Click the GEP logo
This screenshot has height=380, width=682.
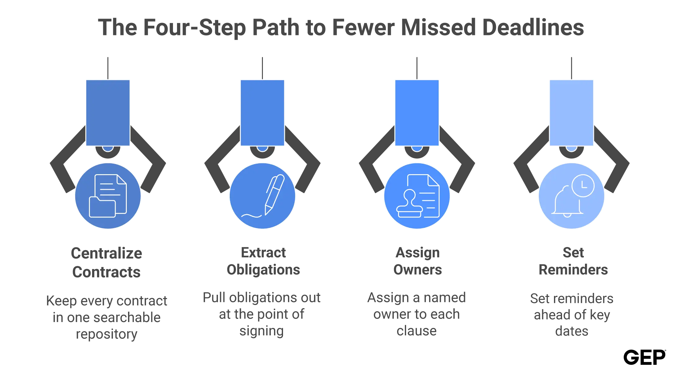[x=644, y=357]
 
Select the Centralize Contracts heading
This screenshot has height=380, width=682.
[x=106, y=263]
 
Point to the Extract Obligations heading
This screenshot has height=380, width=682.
[x=263, y=261]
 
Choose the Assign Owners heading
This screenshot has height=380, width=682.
[x=418, y=261]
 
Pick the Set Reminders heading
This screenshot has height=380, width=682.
[x=573, y=261]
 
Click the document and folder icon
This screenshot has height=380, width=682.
[x=108, y=196]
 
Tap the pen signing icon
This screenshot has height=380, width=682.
[x=263, y=196]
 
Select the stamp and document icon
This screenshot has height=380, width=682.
[x=418, y=196]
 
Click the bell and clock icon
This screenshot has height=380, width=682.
[x=573, y=196]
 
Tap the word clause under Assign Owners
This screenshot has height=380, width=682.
[x=417, y=331]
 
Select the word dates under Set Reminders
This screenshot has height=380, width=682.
[x=572, y=331]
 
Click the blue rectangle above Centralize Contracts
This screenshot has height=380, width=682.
[x=108, y=113]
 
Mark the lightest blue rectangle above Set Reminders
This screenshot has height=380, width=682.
[x=571, y=113]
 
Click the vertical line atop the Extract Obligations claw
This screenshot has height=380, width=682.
[x=262, y=68]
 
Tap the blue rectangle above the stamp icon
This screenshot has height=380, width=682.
[x=417, y=113]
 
